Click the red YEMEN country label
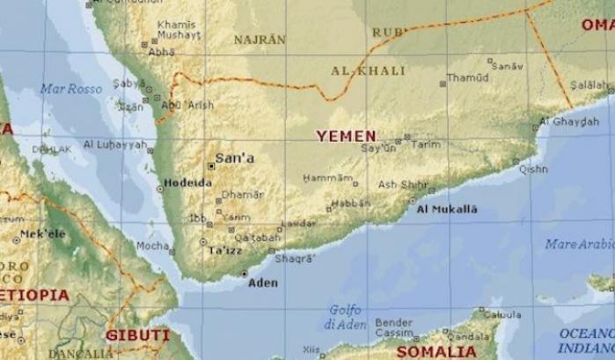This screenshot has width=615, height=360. click(x=347, y=136)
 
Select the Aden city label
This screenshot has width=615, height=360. click(x=262, y=283)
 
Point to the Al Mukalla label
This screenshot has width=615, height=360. click(x=446, y=209)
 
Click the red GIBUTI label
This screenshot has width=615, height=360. click(x=137, y=335)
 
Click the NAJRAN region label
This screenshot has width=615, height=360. click(x=260, y=40)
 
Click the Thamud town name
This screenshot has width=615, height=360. click(x=467, y=77)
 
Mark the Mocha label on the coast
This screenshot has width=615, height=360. click(x=152, y=246)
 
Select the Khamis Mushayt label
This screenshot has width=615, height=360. click(x=179, y=30)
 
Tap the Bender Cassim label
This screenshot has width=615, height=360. click(x=393, y=327)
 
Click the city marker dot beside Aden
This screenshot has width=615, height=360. click(x=244, y=274)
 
